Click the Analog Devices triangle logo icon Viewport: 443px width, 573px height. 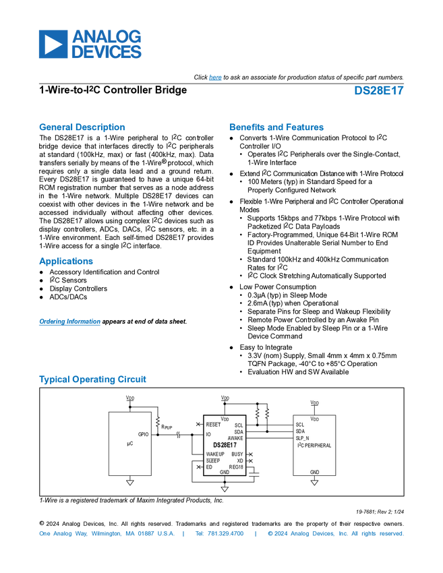click(x=49, y=44)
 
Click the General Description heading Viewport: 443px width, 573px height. click(x=82, y=127)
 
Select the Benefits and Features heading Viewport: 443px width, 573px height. click(x=277, y=127)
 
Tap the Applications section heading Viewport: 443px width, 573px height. click(x=66, y=262)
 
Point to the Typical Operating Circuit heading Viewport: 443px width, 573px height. click(x=93, y=380)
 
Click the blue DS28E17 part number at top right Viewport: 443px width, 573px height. click(x=379, y=91)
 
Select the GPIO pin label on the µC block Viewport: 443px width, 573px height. click(x=144, y=434)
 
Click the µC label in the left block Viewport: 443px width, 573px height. click(x=130, y=444)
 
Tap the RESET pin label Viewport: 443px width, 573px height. click(x=213, y=425)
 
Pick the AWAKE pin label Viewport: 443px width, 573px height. click(x=235, y=438)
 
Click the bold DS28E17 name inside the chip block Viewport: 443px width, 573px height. click(x=225, y=446)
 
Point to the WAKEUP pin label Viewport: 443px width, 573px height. click(x=215, y=454)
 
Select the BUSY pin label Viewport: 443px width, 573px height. click(x=237, y=454)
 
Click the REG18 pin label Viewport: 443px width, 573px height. click(x=236, y=466)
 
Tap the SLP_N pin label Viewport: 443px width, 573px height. click(x=303, y=438)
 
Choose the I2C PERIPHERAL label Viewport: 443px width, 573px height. click(x=314, y=446)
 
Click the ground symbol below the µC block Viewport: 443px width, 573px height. click(x=130, y=483)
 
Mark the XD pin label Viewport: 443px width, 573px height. click(x=240, y=460)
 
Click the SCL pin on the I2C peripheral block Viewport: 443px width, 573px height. click(x=299, y=425)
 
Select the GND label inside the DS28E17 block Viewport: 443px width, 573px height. click(x=225, y=472)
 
